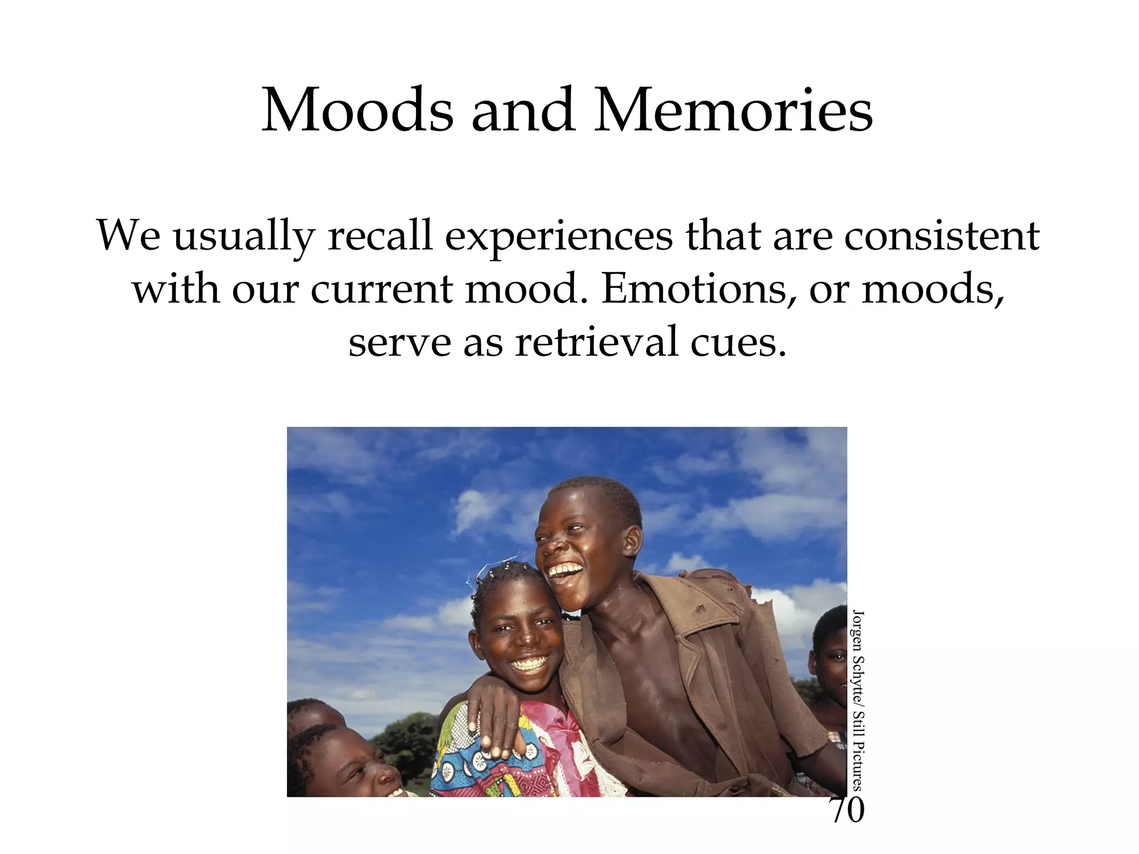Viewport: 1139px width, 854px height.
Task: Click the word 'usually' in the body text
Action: click(244, 236)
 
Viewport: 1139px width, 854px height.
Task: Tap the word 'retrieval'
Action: click(597, 341)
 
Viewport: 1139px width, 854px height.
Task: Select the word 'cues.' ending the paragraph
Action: click(739, 341)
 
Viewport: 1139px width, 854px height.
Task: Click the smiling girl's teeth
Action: click(529, 664)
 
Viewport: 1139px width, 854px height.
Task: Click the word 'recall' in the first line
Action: click(380, 236)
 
